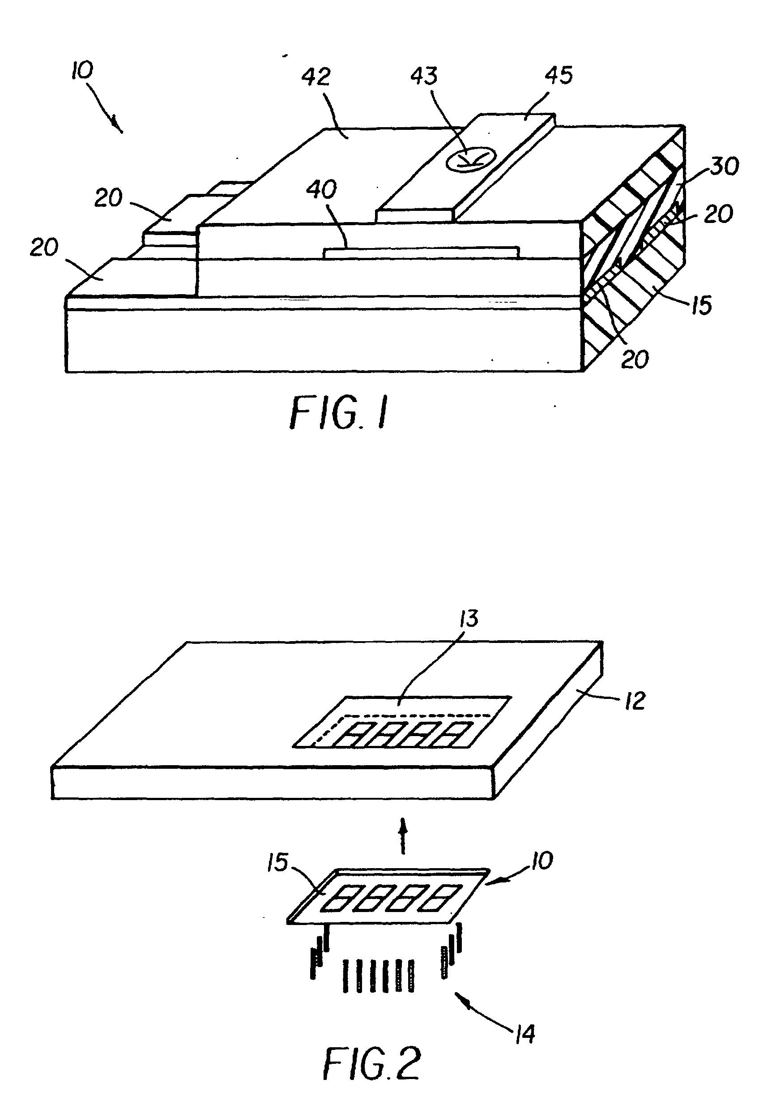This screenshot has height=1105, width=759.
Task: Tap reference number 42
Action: point(316,77)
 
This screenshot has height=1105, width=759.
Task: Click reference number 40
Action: point(322,190)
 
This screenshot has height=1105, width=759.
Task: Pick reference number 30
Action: point(724,166)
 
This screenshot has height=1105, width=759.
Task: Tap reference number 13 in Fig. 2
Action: point(469,619)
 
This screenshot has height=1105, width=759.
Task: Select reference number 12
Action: point(635,701)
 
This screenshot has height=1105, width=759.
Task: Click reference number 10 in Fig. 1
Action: point(83,70)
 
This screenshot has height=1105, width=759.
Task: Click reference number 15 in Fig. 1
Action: point(701,305)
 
